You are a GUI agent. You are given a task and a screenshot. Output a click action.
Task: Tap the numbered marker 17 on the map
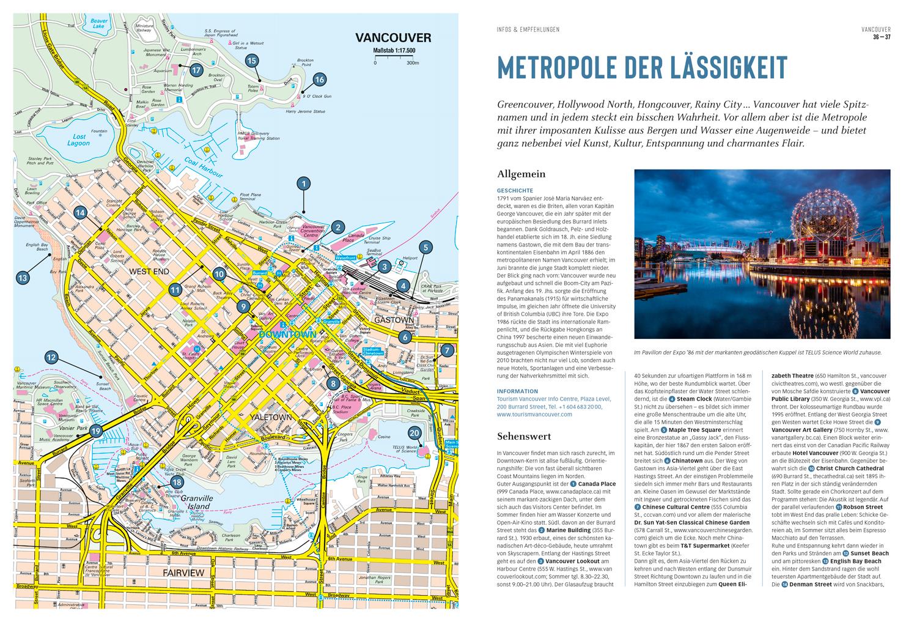point(196,70)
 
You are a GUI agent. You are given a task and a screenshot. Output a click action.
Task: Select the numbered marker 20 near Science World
point(415,433)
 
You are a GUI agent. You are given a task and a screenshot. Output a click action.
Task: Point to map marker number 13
point(23,278)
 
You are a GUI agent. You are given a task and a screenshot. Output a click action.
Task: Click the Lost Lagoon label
point(79,139)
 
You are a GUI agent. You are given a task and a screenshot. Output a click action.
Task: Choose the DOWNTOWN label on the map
point(287,335)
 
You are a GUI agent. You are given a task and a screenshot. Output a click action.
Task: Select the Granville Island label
point(196,503)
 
